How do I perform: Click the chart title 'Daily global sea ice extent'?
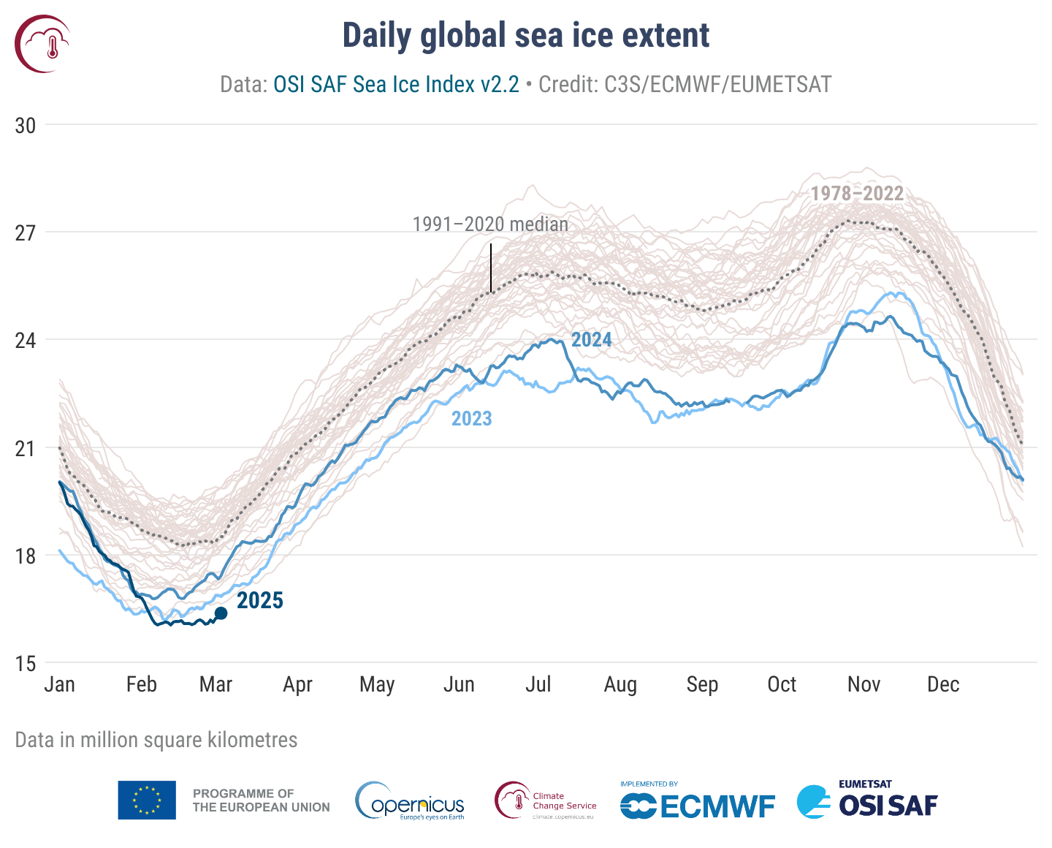[526, 36]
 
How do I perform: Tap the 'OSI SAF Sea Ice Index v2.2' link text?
[396, 85]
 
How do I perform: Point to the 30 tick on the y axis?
[26, 126]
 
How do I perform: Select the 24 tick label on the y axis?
[26, 341]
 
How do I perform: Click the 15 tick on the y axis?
[26, 664]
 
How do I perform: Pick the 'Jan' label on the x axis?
[59, 685]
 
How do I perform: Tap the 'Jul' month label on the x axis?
[538, 685]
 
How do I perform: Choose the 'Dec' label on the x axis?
[943, 685]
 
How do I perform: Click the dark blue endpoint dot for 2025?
[221, 613]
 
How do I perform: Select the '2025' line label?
[260, 601]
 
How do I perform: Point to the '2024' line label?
[591, 340]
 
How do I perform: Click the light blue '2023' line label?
[471, 419]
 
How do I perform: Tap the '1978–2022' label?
[857, 194]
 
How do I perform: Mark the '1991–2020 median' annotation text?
[490, 224]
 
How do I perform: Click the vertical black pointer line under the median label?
[491, 268]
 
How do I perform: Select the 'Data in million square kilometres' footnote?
[156, 740]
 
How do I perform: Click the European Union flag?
[147, 800]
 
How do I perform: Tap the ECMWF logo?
[698, 803]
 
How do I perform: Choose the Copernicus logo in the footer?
[410, 801]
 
